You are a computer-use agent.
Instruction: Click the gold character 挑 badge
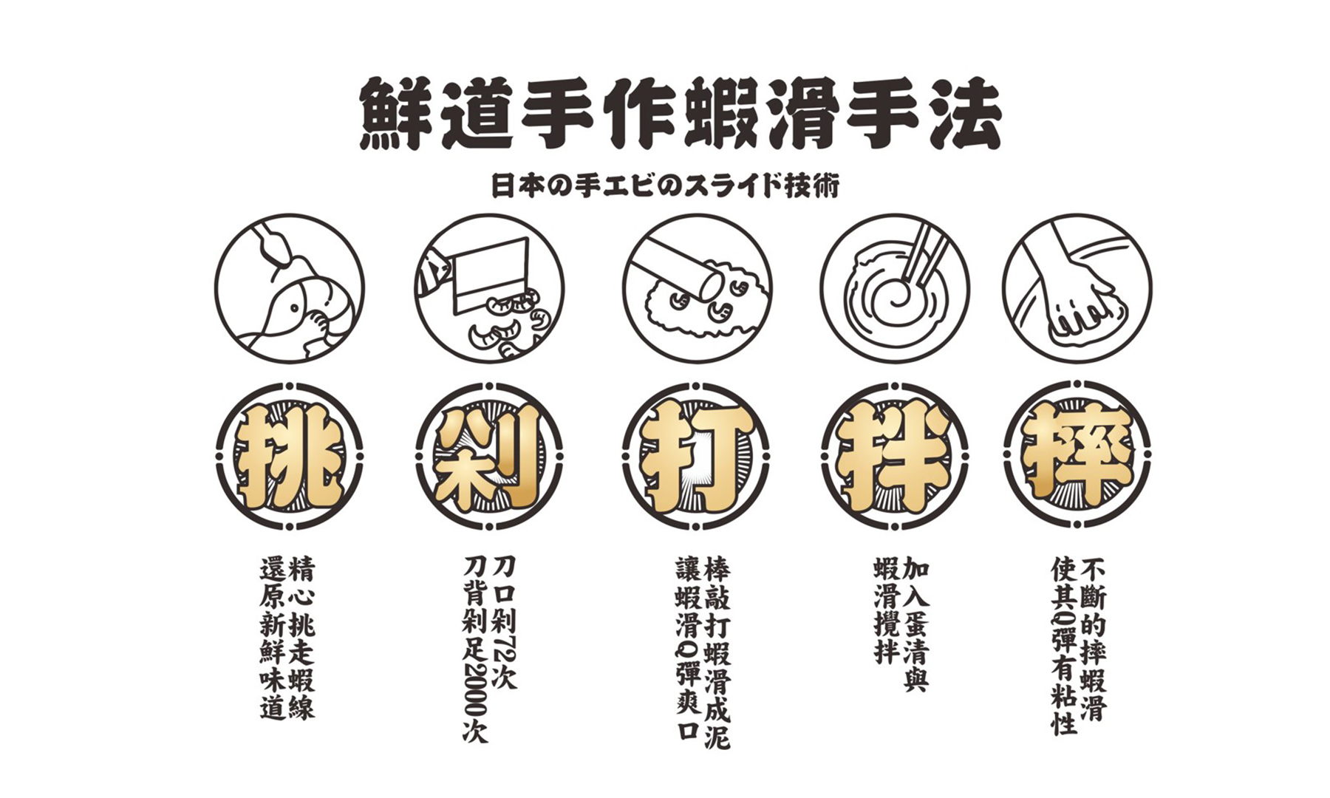(x=289, y=454)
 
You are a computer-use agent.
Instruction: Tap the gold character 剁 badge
(x=489, y=454)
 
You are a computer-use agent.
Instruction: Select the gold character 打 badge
(x=696, y=454)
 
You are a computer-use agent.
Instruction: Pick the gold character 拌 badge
(x=895, y=454)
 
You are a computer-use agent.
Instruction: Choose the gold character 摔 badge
(x=1078, y=454)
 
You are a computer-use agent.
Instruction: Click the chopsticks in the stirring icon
(x=919, y=255)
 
